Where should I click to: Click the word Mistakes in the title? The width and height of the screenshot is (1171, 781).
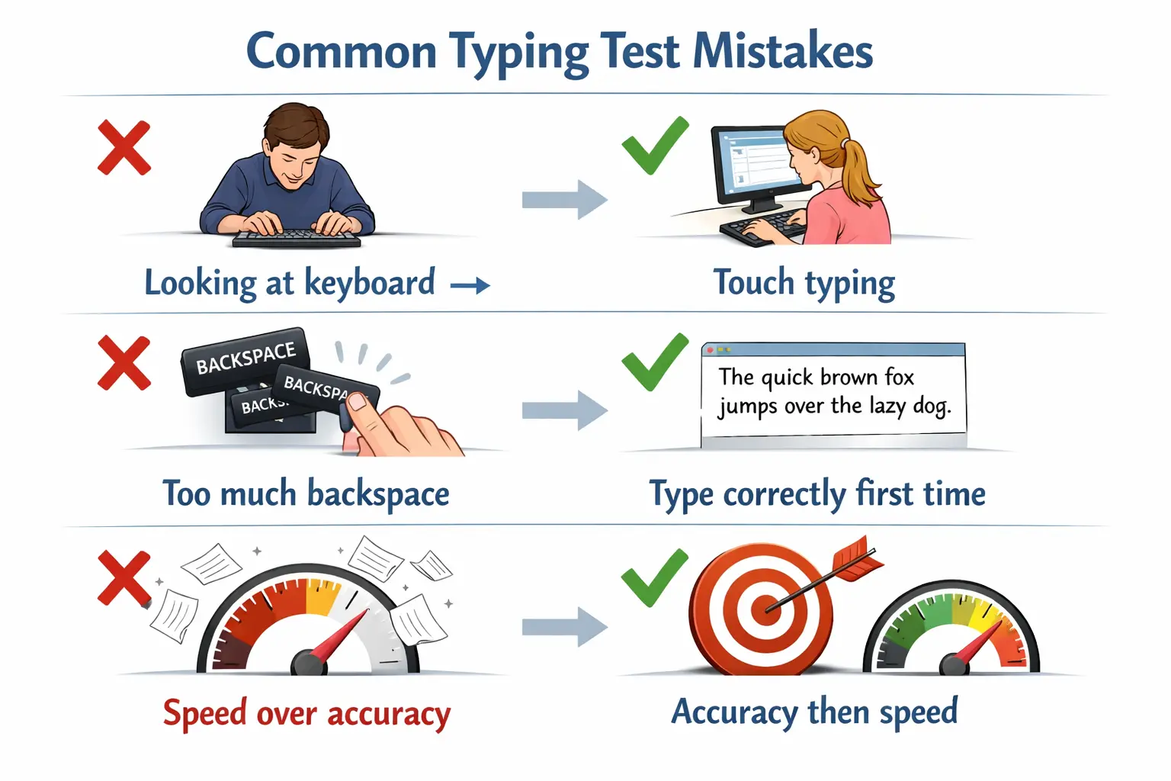coord(783,52)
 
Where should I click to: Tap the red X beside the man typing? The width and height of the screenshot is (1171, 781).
coord(124,148)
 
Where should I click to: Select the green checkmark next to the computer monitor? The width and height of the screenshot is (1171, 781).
coord(655,145)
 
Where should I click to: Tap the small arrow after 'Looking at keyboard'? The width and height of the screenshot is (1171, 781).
coord(470,286)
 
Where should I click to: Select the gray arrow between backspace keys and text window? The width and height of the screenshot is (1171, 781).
coord(564,410)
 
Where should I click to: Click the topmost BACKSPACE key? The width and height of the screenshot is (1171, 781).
coord(245,359)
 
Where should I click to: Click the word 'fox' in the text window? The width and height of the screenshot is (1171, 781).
coord(899,377)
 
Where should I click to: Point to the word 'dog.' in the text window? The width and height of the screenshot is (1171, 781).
coord(932,406)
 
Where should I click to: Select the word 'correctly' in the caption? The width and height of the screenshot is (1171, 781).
coord(784,494)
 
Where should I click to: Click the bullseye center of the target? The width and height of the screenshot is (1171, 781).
coord(762,609)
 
